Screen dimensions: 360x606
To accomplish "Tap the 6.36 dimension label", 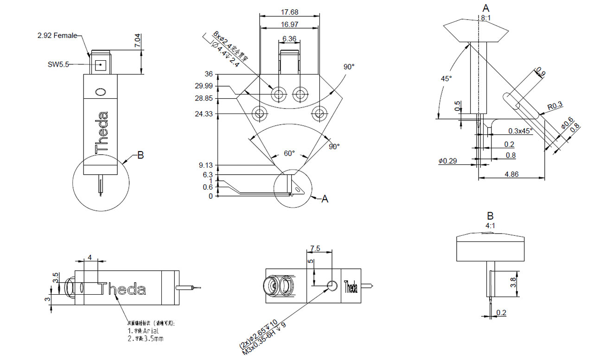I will click(x=289, y=39).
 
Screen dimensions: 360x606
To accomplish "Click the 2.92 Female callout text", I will click(x=57, y=35).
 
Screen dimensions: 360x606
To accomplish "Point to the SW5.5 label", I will click(x=58, y=65).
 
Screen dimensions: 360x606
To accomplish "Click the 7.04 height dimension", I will click(x=137, y=40).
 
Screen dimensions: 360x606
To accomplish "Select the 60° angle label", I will click(x=289, y=153).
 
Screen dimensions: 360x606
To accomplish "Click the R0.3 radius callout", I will click(x=555, y=106).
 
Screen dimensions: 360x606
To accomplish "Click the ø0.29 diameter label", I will click(x=448, y=161).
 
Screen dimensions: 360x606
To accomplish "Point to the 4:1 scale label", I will click(x=490, y=226).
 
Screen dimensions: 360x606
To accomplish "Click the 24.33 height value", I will click(x=205, y=114).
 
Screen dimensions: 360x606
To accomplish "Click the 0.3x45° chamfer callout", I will click(x=520, y=131).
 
